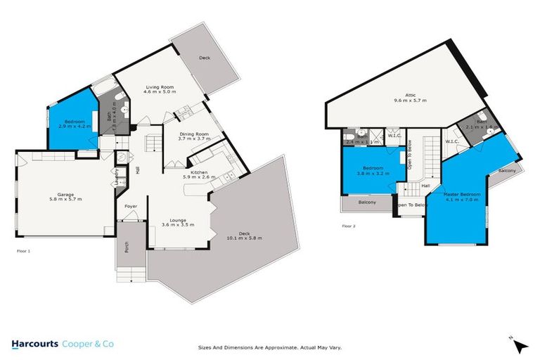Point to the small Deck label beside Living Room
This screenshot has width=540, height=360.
pyautogui.click(x=205, y=58)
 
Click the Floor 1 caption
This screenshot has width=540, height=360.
pyautogui.click(x=23, y=250)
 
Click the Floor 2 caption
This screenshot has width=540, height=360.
pyautogui.click(x=349, y=226)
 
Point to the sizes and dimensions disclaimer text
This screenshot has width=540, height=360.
pyautogui.click(x=269, y=347)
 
